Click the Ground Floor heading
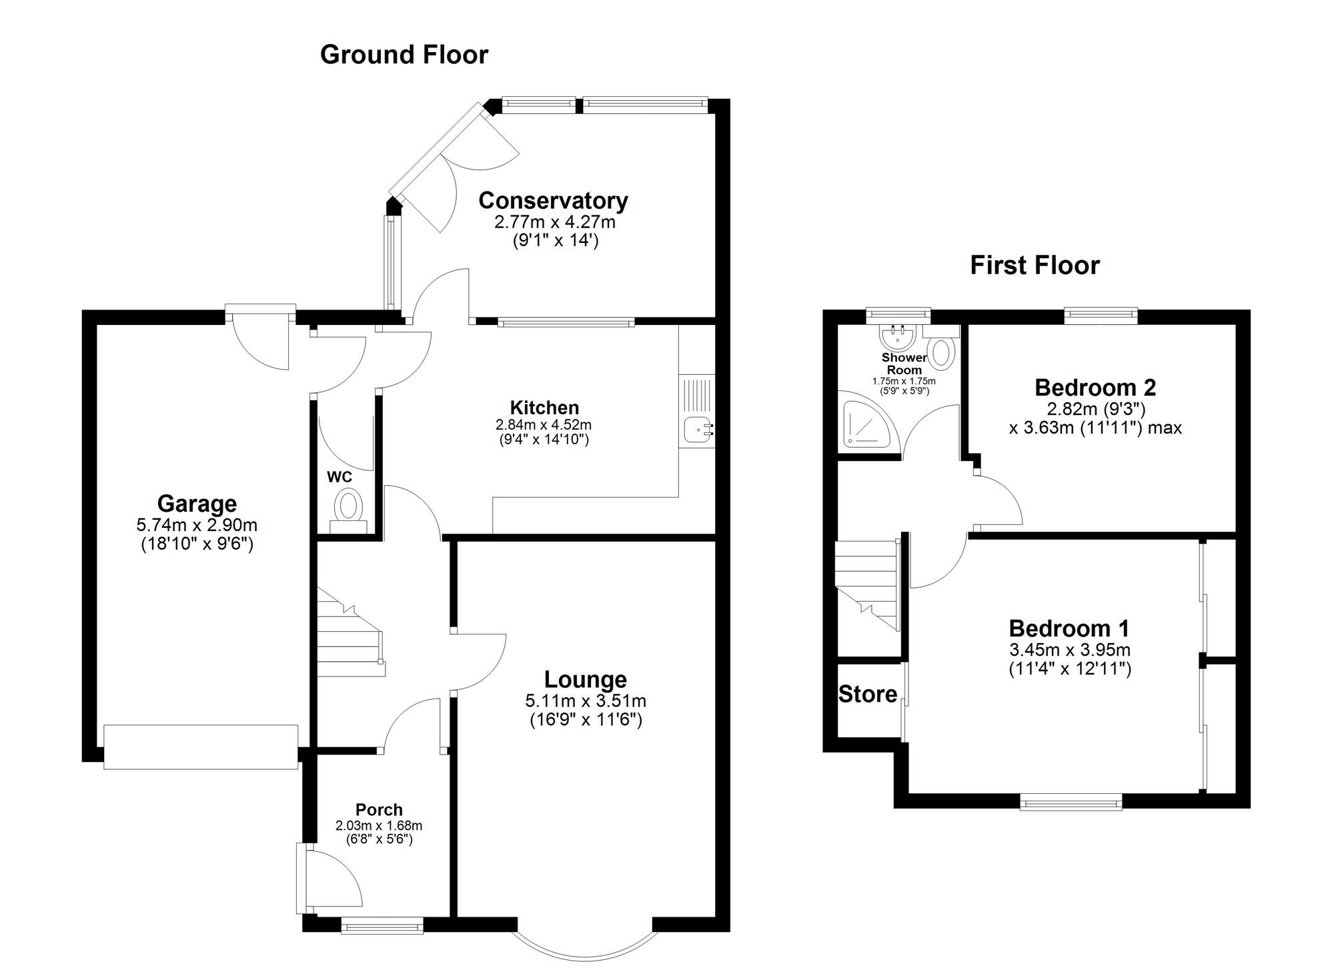[404, 55]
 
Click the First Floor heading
[1035, 266]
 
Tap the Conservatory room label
[553, 200]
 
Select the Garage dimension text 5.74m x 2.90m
[197, 525]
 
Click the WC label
[339, 477]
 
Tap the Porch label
[379, 809]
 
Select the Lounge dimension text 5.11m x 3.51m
[586, 700]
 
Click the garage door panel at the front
[201, 747]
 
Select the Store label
[867, 694]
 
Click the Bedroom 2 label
[1095, 387]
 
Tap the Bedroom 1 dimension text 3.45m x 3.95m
[1069, 649]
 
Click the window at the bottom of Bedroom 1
[1071, 802]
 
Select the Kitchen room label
[544, 408]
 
